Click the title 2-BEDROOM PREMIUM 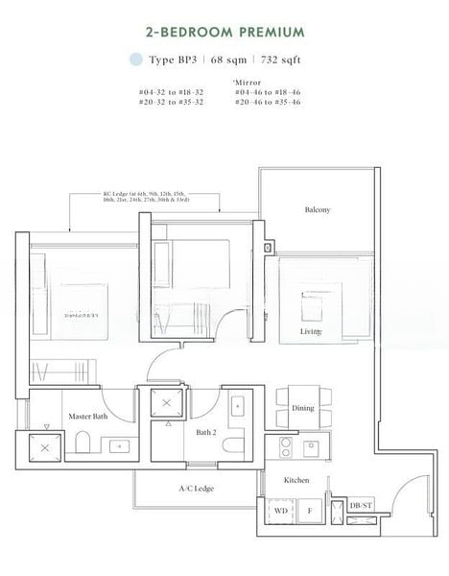pos(224,32)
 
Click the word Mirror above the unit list pos(247,82)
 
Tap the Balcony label pos(318,209)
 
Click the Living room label pos(309,332)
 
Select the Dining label pos(303,408)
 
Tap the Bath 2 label pos(205,433)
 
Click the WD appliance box pos(280,511)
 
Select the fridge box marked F pos(310,512)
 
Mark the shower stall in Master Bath pos(45,444)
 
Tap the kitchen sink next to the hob pos(313,447)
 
